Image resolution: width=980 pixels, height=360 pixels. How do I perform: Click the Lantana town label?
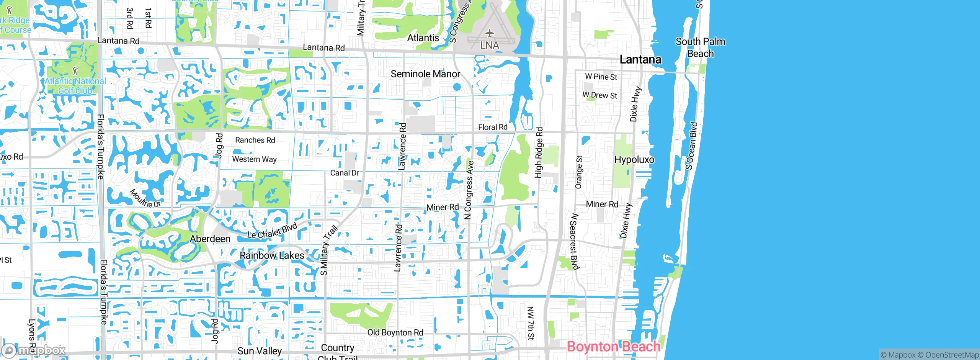coord(640,59)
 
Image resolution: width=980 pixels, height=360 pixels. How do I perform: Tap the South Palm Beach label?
coord(700,47)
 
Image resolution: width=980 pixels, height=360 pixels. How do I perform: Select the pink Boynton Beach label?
coord(613,346)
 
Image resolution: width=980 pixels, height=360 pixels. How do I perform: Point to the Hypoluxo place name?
coord(634,160)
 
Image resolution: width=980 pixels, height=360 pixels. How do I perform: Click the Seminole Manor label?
coord(425,74)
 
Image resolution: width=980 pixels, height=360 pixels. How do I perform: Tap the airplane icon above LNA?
coord(489,33)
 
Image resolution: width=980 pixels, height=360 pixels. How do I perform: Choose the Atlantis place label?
coord(423,38)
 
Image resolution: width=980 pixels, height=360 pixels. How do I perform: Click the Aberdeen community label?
coord(210,239)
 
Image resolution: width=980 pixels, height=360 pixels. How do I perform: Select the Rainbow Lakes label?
coord(272,255)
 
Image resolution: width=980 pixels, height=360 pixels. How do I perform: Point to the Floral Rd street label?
coord(493,127)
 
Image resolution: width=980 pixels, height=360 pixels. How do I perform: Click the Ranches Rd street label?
coord(255,140)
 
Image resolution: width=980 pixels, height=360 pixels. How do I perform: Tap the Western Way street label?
coord(254,159)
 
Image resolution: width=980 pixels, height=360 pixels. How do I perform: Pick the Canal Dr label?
coord(345,173)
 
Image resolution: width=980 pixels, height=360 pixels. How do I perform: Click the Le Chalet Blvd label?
coord(272,231)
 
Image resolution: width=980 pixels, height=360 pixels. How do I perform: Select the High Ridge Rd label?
coord(539,152)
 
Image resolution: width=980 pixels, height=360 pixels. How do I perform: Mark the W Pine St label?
coord(601,77)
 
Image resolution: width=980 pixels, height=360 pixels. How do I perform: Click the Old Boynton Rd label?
coord(395,332)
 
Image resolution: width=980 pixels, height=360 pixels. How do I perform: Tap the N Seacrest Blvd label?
coord(574,241)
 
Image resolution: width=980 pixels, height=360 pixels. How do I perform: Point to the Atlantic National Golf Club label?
coord(75,86)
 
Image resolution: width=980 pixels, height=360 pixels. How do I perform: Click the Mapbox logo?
coord(34,350)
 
